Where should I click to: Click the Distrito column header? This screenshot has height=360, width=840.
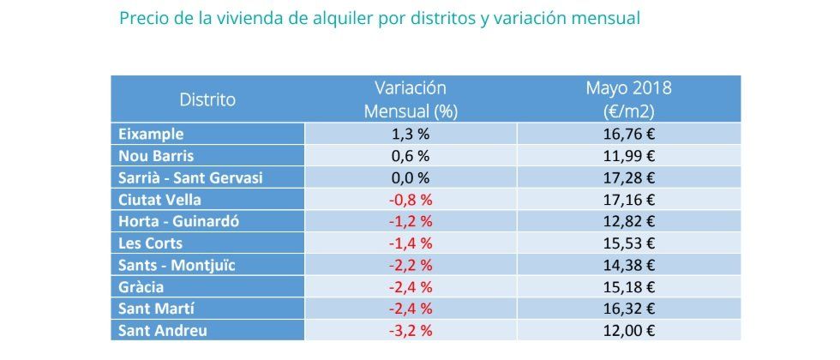207,99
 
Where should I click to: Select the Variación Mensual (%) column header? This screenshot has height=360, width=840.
411,99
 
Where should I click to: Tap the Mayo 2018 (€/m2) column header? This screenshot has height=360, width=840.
628,99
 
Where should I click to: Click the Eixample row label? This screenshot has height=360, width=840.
151,134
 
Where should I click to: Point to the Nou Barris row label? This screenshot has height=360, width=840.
157,156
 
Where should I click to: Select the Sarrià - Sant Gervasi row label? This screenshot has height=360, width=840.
190,177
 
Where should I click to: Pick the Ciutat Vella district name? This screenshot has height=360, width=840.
161,200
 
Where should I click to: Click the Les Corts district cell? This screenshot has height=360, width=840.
152,243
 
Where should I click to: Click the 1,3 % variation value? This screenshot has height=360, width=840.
411,134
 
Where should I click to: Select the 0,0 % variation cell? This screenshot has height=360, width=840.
411,177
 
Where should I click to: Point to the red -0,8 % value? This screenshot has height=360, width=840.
411,200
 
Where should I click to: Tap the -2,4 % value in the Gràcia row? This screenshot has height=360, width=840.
411,287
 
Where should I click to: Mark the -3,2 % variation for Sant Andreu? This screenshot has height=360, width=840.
411,331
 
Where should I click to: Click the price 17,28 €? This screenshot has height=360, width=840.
628,177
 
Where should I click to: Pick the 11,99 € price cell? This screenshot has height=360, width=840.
628,156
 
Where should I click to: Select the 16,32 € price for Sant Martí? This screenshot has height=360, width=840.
628,309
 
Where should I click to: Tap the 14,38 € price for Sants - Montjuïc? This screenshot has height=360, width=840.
628,265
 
